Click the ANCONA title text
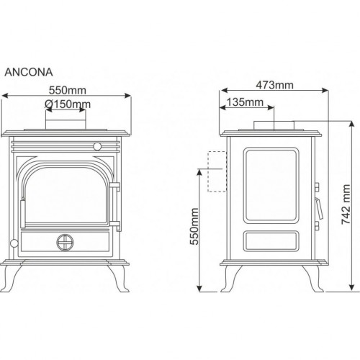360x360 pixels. pos(29,72)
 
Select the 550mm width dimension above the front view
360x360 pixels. pos(68,91)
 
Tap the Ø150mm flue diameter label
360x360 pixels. pos(68,104)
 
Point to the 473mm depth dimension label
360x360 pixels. pos(274,85)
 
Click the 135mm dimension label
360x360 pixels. pos(245,102)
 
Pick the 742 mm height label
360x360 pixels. pos(346,204)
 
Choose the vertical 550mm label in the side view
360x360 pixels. pos(194,226)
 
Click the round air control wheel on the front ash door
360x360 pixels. pos(65,243)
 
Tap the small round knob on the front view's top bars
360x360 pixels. pos(97,146)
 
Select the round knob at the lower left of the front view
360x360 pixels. pos(14,243)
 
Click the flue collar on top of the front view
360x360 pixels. pos(66,124)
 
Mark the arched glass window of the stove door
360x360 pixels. pos(66,195)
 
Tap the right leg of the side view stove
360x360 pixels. pos(312,279)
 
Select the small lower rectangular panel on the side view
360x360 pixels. pos(271,241)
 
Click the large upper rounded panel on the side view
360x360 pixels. pos(271,186)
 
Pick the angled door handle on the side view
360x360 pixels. pos(319,208)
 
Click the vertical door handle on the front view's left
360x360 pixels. pos(22,212)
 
